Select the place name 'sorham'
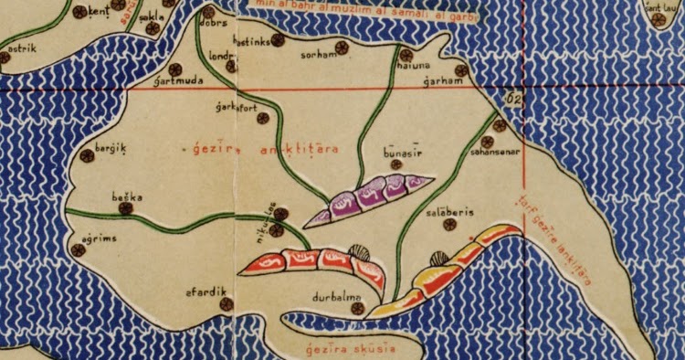pos(317,55)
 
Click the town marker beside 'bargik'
pos(87,155)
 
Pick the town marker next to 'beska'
pos(126,208)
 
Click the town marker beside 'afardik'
pos(227,303)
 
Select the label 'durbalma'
pos(336,296)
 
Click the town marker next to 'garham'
pos(462,69)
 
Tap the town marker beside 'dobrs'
pos(209,13)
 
